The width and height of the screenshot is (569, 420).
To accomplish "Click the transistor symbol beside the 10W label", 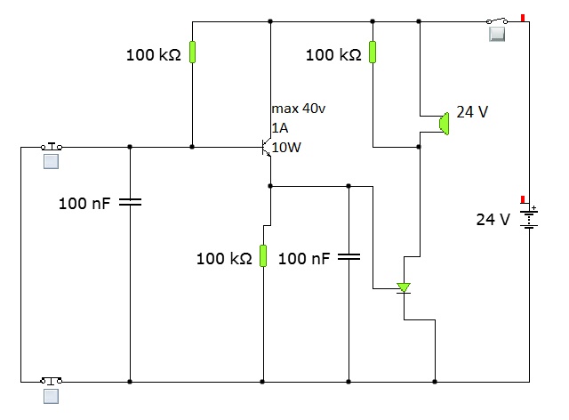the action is click(267, 147).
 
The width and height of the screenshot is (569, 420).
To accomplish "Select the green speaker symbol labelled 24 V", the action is click(444, 124).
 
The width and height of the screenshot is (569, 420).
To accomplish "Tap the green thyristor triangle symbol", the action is click(404, 287).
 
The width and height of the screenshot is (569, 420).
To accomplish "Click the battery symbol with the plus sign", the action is click(529, 217).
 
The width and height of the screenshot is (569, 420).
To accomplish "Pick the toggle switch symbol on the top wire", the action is click(497, 20).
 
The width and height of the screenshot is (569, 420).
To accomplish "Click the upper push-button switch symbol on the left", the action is click(52, 146).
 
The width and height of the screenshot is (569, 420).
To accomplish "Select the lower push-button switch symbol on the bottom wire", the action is click(52, 380).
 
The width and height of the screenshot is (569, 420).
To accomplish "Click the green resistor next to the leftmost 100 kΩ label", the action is click(192, 52).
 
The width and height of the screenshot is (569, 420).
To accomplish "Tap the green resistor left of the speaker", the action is click(373, 52).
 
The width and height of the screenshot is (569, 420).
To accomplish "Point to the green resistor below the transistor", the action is click(263, 255).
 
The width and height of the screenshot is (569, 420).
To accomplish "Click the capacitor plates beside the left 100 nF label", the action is click(131, 202).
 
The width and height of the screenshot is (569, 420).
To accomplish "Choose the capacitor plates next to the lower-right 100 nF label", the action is click(349, 257).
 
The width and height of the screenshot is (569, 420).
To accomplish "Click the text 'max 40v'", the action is click(299, 109).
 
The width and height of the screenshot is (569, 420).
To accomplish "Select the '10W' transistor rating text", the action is click(286, 147).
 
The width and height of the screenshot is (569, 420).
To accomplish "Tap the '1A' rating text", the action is click(280, 128).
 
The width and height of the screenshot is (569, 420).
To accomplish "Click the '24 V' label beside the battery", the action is click(493, 220).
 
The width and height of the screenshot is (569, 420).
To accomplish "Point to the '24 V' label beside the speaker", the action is click(472, 112).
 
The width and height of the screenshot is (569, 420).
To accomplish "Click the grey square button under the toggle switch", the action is click(497, 34).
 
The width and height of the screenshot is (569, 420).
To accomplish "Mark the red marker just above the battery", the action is click(523, 199).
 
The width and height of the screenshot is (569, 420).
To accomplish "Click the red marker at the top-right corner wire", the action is click(523, 18).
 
